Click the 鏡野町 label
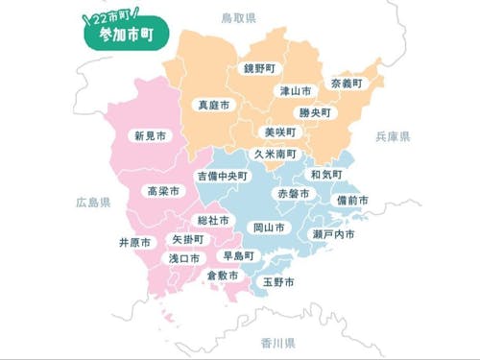pyautogui.click(x=258, y=69)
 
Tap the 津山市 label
pyautogui.click(x=295, y=91)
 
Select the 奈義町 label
pyautogui.click(x=347, y=84)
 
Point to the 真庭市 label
pyautogui.click(x=212, y=104)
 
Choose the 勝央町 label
pyautogui.click(x=315, y=112)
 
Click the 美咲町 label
pyautogui.click(x=279, y=132)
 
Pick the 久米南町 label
pyautogui.click(x=276, y=154)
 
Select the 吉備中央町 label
pyautogui.click(x=223, y=177)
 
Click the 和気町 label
pyautogui.click(x=326, y=175)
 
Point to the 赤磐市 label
pyautogui.click(x=294, y=194)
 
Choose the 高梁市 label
pyautogui.click(x=163, y=192)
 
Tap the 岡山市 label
pyautogui.click(x=268, y=228)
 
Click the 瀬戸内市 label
pyautogui.click(x=334, y=234)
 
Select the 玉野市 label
pyautogui.click(x=278, y=282)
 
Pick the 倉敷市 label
pyautogui.click(x=223, y=276)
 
